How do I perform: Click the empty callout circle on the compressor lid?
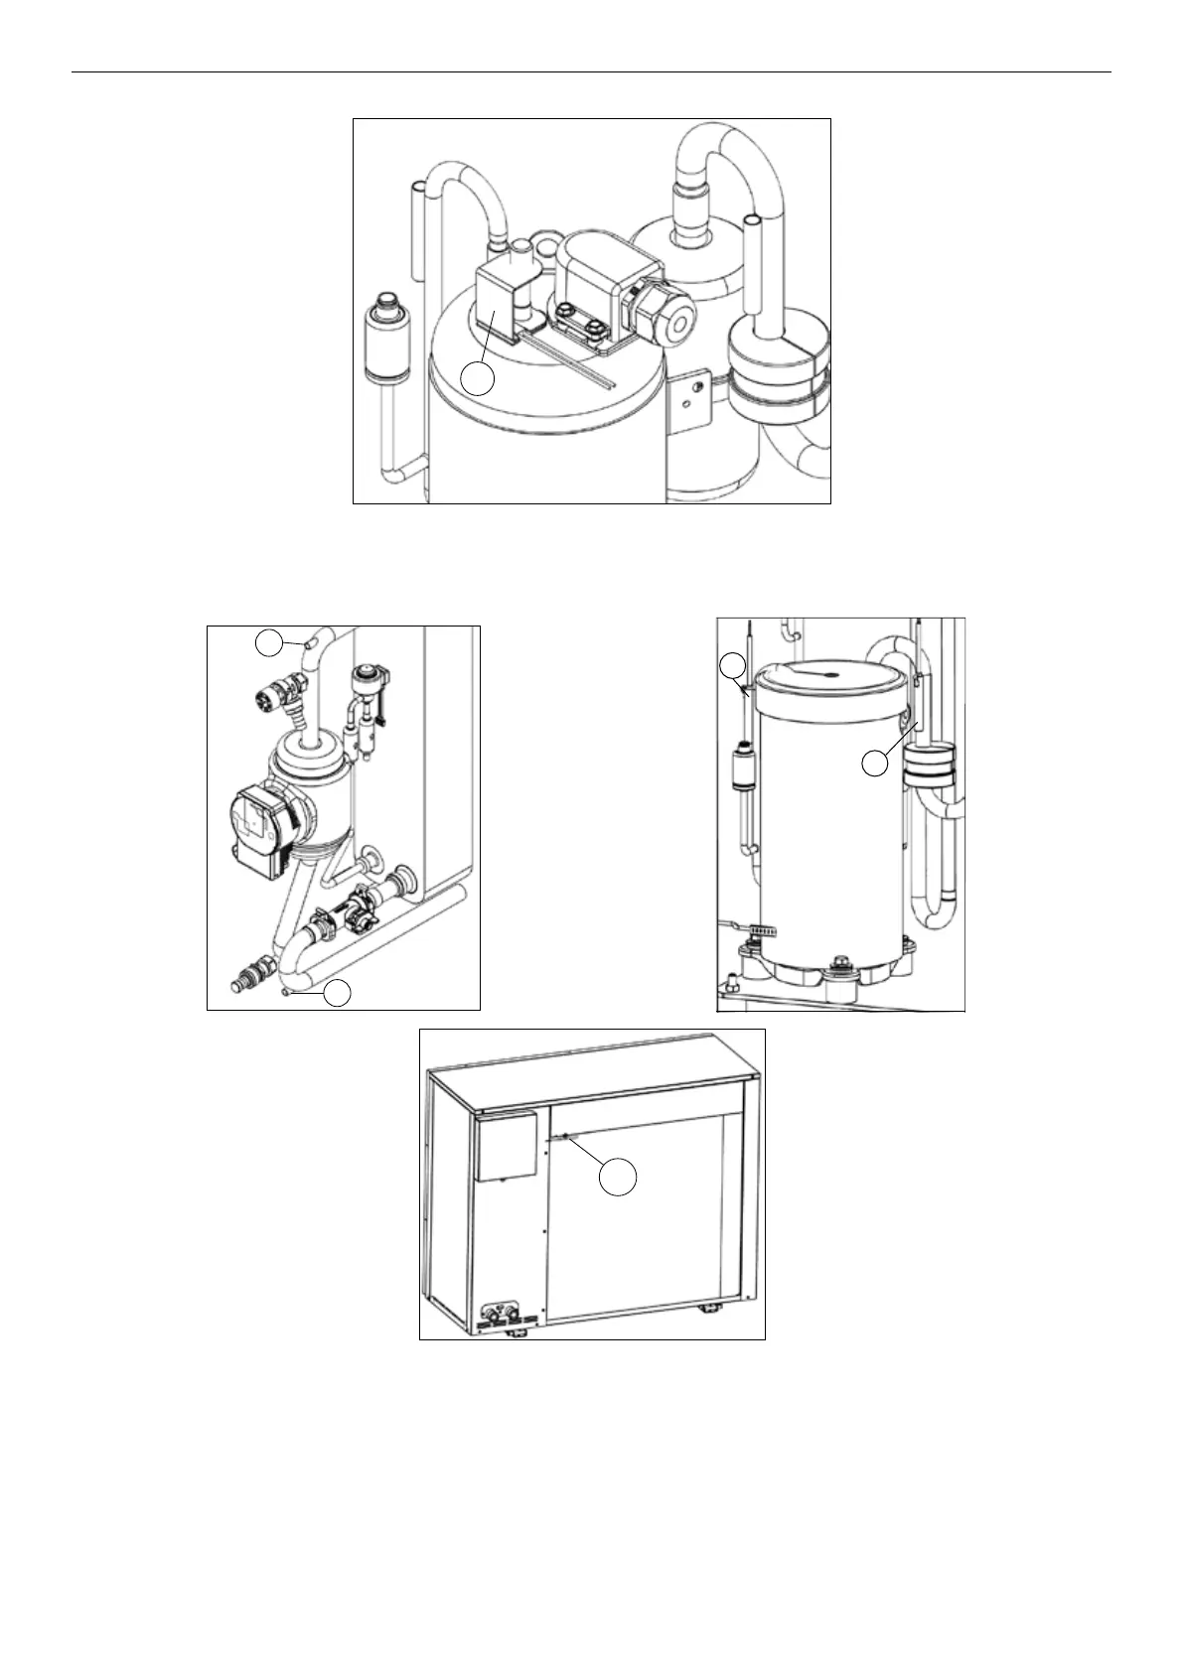pos(478,379)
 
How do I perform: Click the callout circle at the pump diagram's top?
pos(269,642)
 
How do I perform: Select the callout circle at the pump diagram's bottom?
pos(340,992)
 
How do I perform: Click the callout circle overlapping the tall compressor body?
pos(873,764)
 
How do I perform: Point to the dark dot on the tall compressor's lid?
pos(830,675)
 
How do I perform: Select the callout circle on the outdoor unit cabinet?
pos(617,1177)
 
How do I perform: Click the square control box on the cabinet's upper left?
pos(508,1146)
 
